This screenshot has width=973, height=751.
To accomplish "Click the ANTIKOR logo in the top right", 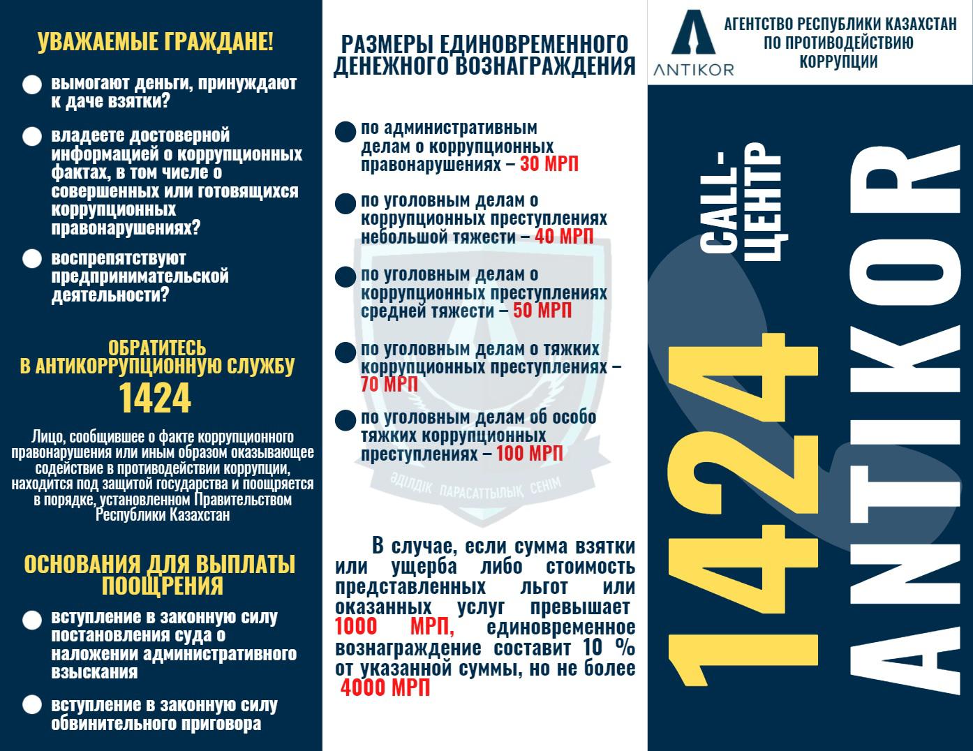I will coord(694,41).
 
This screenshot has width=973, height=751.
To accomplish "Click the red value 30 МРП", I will coord(549,164).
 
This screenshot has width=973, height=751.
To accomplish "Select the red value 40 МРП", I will coord(564,237).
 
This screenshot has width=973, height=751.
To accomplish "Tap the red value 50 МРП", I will coord(542,311).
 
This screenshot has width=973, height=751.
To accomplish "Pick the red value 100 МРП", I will coord(529,454).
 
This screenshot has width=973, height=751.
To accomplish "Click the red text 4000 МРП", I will coord(385,687).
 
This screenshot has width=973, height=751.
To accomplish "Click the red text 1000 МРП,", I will coord(394,626).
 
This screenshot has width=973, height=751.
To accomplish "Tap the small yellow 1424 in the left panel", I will coord(155,398).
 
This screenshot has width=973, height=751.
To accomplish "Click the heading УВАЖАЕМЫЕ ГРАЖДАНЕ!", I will coord(156,42).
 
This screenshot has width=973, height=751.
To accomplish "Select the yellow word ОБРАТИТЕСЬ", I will coord(157,348).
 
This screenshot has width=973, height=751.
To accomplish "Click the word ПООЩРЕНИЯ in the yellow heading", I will coord(162,586).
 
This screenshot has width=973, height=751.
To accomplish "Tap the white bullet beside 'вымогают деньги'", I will coord(32,85).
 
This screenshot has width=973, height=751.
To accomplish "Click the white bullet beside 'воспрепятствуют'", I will coord(32,259).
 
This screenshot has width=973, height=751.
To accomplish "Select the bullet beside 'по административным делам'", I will coord(345,131).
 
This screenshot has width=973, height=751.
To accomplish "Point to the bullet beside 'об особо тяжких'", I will coord(345,420).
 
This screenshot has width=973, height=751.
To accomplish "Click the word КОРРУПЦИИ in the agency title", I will coord(838,61).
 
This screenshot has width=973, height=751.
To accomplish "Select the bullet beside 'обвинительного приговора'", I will coord(32,705).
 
